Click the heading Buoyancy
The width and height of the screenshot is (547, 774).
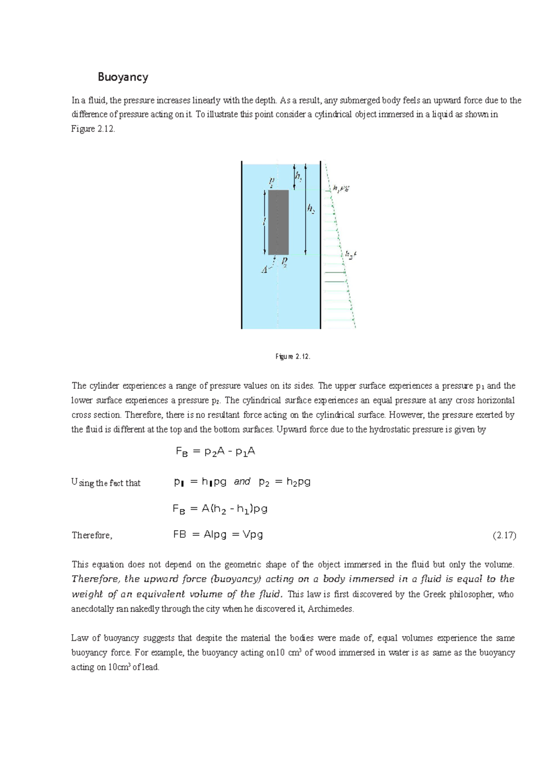[x=123, y=77]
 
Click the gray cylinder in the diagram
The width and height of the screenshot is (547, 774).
[x=278, y=222]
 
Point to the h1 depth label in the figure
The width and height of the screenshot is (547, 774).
[x=298, y=176]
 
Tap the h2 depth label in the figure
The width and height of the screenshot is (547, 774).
[x=311, y=209]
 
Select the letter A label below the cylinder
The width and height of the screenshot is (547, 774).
[x=264, y=270]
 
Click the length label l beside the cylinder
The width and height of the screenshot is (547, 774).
[x=264, y=222]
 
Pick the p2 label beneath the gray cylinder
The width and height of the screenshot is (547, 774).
[x=284, y=261]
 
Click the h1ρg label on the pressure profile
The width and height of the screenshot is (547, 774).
[x=340, y=188]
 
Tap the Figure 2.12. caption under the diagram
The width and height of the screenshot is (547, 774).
[x=293, y=357]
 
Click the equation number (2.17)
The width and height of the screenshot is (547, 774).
[x=504, y=536]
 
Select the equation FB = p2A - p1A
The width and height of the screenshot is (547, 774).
[x=215, y=452]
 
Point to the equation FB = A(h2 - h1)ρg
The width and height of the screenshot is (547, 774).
[x=220, y=509]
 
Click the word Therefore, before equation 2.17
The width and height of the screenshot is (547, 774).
[x=92, y=536]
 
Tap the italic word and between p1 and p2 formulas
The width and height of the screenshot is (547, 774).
[x=242, y=482]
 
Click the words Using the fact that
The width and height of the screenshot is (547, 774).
[x=106, y=483]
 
